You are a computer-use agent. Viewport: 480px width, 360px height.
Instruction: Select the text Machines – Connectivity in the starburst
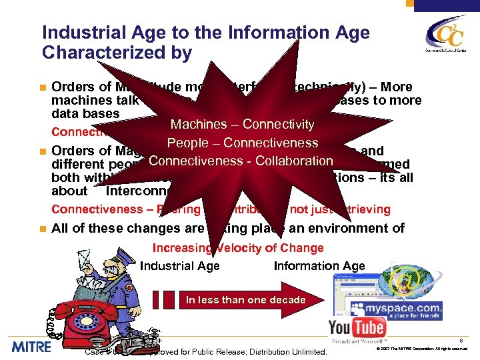pos(242,124)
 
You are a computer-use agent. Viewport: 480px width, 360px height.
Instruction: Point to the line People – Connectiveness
pos(243,143)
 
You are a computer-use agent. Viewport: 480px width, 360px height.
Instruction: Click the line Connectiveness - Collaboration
pos(241,161)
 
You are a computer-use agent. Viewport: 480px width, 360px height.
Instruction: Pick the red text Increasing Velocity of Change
pos(238,248)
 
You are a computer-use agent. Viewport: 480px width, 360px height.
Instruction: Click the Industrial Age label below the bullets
pos(179,266)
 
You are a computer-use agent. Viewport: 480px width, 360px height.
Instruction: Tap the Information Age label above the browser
pos(319,266)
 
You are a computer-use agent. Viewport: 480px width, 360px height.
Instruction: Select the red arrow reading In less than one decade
pos(245,300)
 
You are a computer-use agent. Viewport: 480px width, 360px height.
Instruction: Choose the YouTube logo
pos(357,327)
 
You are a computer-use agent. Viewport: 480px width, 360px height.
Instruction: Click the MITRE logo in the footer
pos(31,347)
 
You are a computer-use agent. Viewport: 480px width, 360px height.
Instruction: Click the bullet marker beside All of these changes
pos(42,227)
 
